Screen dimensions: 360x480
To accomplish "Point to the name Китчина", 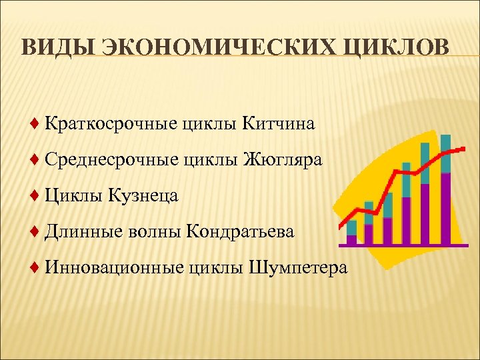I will coord(278,124).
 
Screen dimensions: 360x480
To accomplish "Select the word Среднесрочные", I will coord(109,160).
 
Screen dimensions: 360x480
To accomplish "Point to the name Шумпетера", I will coord(298,268).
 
